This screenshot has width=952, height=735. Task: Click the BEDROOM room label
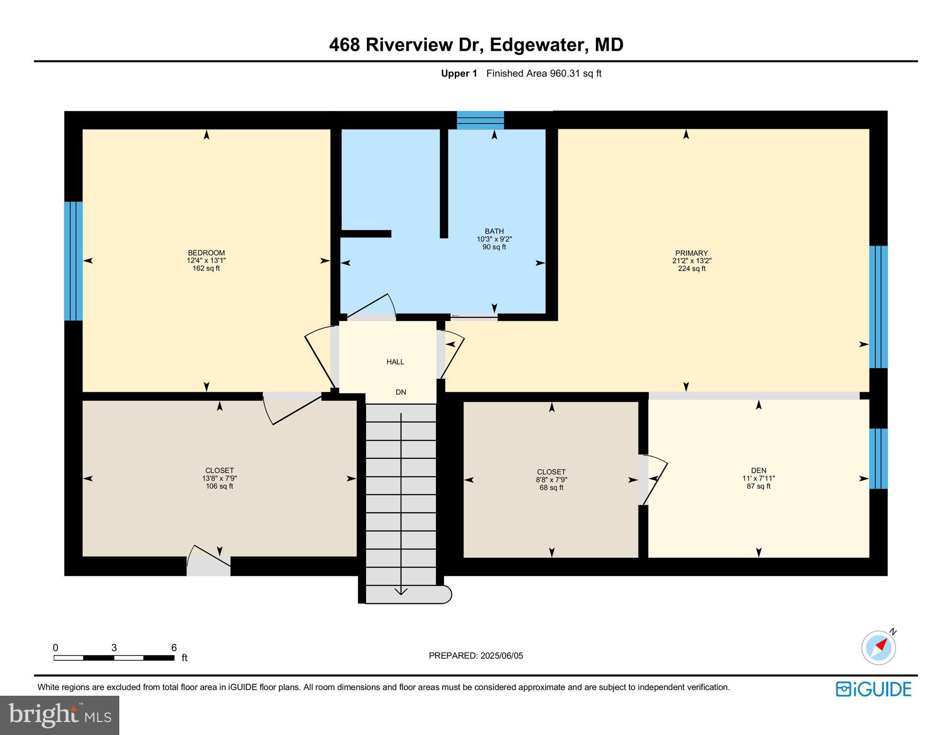click(206, 253)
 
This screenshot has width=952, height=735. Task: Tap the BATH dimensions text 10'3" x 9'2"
click(494, 239)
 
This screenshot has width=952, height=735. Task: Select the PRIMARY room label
click(691, 253)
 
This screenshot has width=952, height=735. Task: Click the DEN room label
click(758, 470)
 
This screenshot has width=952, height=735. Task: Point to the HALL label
click(395, 362)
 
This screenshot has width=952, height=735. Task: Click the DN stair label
click(401, 392)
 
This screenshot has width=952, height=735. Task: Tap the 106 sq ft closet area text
click(219, 486)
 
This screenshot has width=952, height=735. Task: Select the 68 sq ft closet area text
click(551, 487)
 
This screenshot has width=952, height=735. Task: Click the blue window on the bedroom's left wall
click(73, 260)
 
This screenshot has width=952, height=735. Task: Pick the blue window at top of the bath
click(480, 120)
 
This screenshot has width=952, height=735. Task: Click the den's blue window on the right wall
click(878, 458)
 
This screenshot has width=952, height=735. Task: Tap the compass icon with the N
click(879, 647)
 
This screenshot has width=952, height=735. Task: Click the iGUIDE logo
click(873, 689)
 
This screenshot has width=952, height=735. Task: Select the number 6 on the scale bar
click(174, 648)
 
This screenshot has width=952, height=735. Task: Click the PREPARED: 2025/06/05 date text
click(476, 656)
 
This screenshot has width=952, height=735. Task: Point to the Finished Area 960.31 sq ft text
click(543, 73)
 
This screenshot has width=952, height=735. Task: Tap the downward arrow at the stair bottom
click(401, 591)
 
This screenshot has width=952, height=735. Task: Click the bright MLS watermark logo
click(59, 715)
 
